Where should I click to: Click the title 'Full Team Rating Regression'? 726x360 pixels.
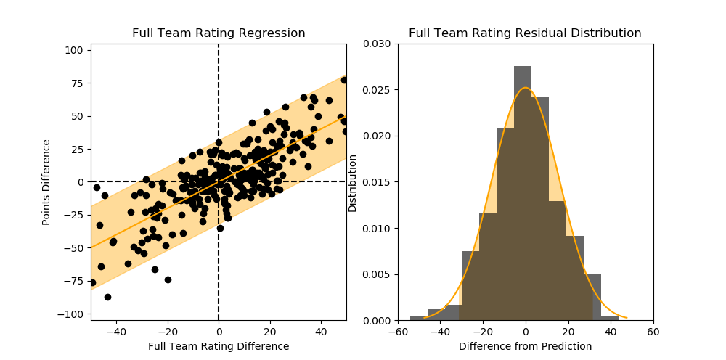pos(219,33)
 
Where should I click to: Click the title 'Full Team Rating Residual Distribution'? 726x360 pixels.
pos(525,33)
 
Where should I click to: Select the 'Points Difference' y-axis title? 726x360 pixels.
pos(46,182)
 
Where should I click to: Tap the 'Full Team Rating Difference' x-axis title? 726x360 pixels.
pos(219,347)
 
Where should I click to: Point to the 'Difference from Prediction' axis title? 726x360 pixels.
pos(525,347)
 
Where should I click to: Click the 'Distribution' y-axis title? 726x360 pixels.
pos(353,182)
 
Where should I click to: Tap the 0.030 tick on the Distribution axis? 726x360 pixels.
pos(378,44)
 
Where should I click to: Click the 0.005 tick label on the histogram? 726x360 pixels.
pos(378,274)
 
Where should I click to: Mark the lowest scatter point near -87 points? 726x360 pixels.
pos(107,297)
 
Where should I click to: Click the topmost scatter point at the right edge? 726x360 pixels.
pos(344,80)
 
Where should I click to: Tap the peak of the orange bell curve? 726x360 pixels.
pos(525,89)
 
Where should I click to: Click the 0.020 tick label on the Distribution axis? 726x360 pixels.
pos(378,136)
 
